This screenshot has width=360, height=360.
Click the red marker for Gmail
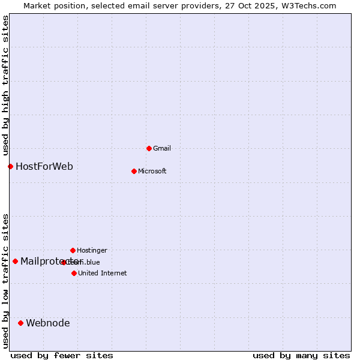pyautogui.click(x=149, y=148)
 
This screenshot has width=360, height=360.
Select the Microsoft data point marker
pyautogui.click(x=134, y=171)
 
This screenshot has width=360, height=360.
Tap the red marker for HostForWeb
pyautogui.click(x=10, y=166)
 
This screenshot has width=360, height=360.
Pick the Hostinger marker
pyautogui.click(x=73, y=250)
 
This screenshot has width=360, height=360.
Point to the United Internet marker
pyautogui.click(x=74, y=273)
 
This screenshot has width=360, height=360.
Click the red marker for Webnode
pyautogui.click(x=20, y=323)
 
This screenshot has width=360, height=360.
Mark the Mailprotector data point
pyautogui.click(x=15, y=261)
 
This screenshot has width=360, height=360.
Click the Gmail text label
pyautogui.click(x=162, y=148)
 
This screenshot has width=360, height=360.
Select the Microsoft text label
pyautogui.click(x=152, y=171)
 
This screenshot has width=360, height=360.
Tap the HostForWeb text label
pyautogui.click(x=44, y=166)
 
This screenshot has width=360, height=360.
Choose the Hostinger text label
pyautogui.click(x=92, y=250)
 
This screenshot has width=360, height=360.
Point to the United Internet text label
pyautogui.click(x=102, y=273)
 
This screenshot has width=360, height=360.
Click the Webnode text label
pyautogui.click(x=48, y=323)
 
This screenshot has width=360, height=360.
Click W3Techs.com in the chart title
pyautogui.click(x=307, y=5)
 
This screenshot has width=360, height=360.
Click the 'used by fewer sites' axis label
pyautogui.click(x=62, y=355)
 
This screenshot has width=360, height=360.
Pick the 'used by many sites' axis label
pyautogui.click(x=301, y=355)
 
